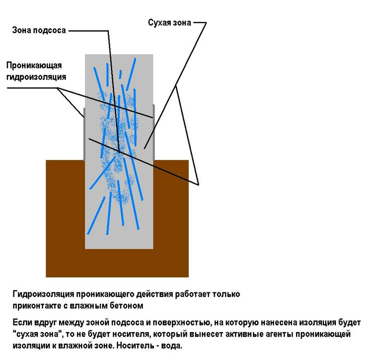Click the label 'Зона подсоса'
tap(38, 30)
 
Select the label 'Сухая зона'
tap(169, 22)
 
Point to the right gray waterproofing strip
tap(154, 132)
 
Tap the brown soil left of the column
tap(65, 216)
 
